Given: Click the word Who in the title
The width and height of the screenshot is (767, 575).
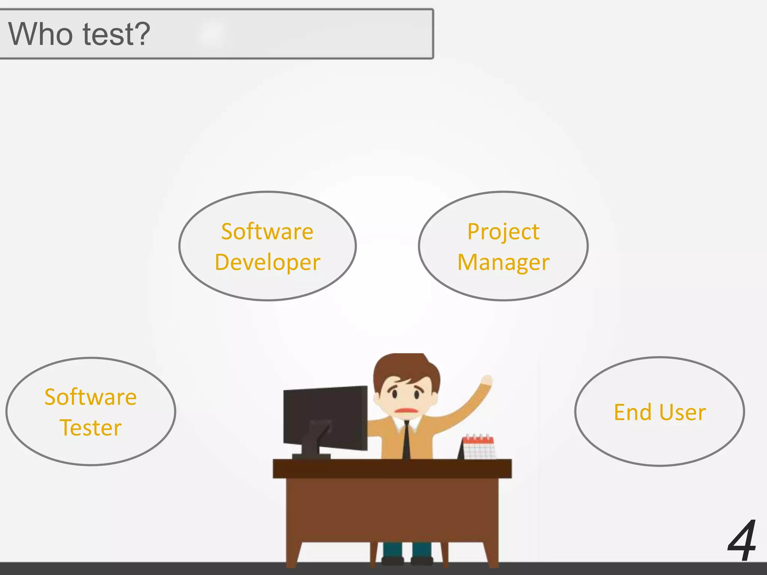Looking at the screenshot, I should pyautogui.click(x=40, y=34).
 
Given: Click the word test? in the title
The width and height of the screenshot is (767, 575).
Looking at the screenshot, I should pyautogui.click(x=116, y=34).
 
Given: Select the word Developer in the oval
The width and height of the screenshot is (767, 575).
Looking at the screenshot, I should pyautogui.click(x=267, y=262).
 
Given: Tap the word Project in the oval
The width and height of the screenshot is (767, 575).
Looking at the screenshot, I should pyautogui.click(x=503, y=232).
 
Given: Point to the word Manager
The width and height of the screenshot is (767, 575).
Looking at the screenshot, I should pyautogui.click(x=503, y=262).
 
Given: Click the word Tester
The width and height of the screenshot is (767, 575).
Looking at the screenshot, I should pyautogui.click(x=90, y=428).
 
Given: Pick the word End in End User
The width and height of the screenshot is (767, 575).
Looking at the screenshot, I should pyautogui.click(x=633, y=412).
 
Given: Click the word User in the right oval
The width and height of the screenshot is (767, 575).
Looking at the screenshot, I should pyautogui.click(x=682, y=412).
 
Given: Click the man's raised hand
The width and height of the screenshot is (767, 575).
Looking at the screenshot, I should pyautogui.click(x=486, y=380).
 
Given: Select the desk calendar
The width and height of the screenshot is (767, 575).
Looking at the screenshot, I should pyautogui.click(x=478, y=447).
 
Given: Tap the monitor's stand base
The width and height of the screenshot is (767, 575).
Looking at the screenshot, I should pyautogui.click(x=311, y=456).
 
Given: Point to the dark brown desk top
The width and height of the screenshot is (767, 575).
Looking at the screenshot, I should pyautogui.click(x=392, y=468).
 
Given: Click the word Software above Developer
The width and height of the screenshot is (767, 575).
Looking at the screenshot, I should pyautogui.click(x=267, y=232).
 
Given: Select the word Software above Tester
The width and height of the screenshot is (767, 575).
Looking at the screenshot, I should pyautogui.click(x=90, y=397).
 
